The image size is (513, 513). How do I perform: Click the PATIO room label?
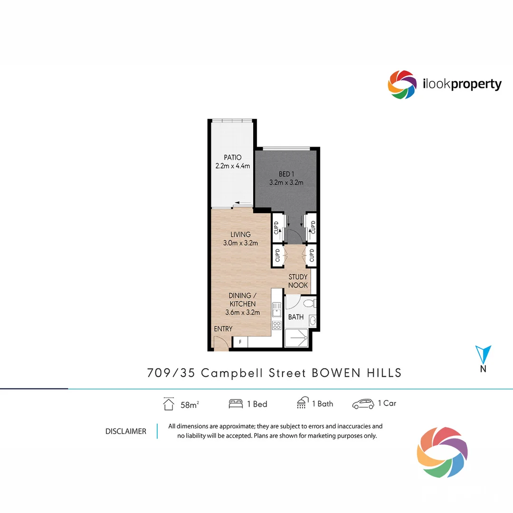click(233, 157)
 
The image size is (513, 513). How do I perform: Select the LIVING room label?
click(240, 235)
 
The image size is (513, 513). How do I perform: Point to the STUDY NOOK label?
click(298, 281)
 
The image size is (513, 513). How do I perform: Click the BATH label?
click(295, 317)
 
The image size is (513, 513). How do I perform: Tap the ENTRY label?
click(223, 329)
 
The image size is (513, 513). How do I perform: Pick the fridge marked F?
click(240, 342)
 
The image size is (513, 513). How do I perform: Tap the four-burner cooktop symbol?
click(276, 325)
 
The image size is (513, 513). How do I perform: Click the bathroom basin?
click(313, 321)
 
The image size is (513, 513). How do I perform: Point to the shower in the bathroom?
click(298, 338)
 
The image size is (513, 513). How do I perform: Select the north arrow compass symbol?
click(483, 355)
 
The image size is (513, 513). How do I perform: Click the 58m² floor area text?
click(189, 405)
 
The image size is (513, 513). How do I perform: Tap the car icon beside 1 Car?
click(363, 404)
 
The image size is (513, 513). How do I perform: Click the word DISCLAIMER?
click(126, 431)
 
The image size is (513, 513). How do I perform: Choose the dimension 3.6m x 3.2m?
click(243, 312)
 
